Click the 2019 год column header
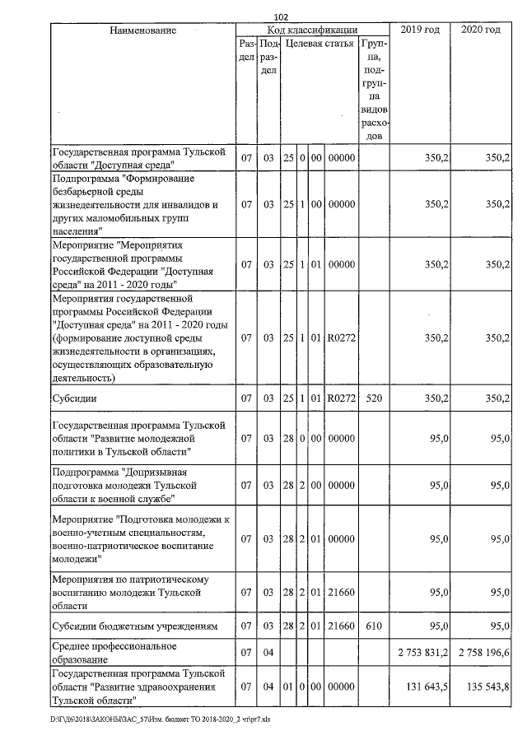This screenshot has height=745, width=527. point(420,30)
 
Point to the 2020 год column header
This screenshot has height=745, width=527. point(481,30)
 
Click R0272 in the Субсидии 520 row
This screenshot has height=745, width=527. point(340,399)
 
